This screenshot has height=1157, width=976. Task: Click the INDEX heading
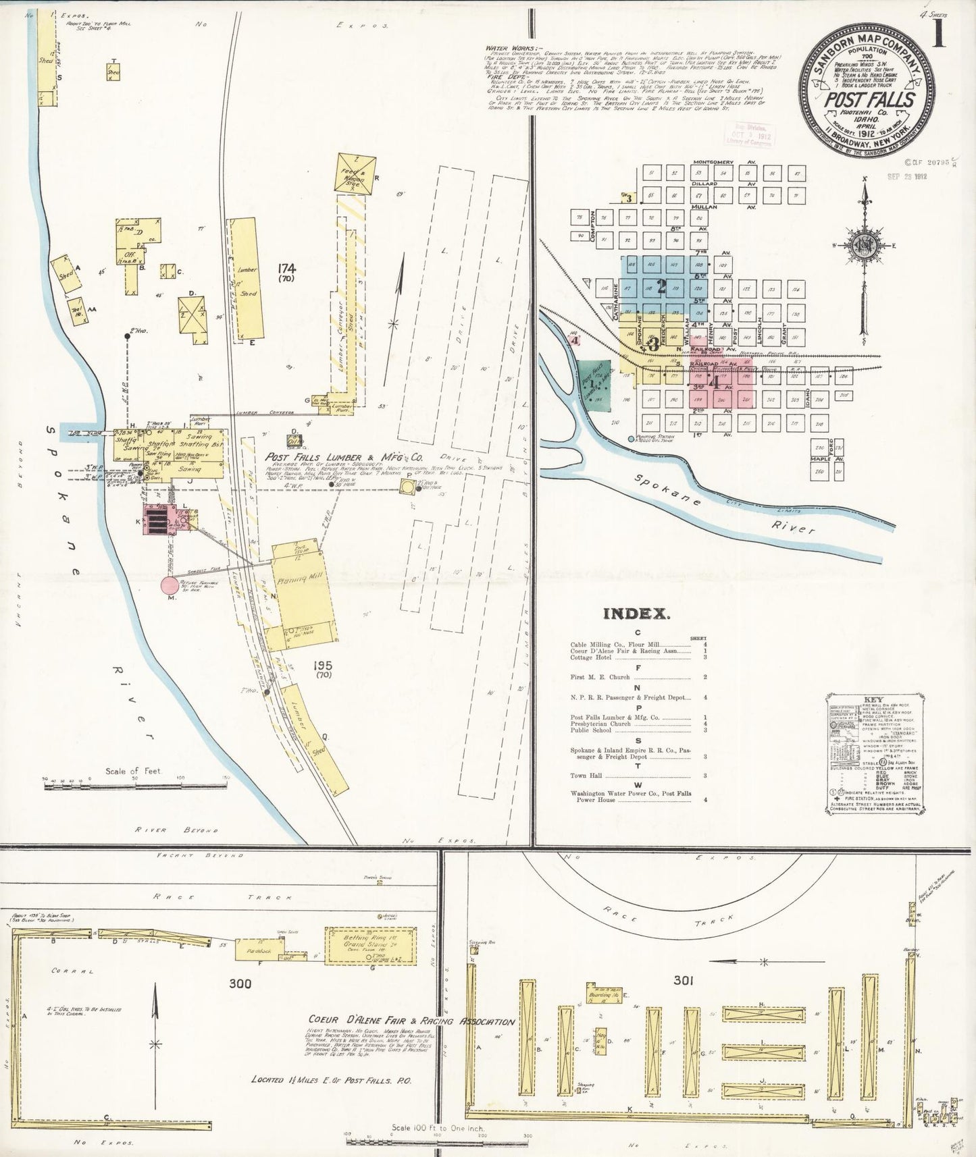tap(636, 614)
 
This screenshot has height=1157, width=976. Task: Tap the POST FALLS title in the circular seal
tap(869, 101)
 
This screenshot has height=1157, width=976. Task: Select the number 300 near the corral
tap(240, 983)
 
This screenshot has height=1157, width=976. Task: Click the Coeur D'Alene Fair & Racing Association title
tap(411, 1021)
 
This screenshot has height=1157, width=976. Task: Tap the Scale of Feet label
tap(132, 770)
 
